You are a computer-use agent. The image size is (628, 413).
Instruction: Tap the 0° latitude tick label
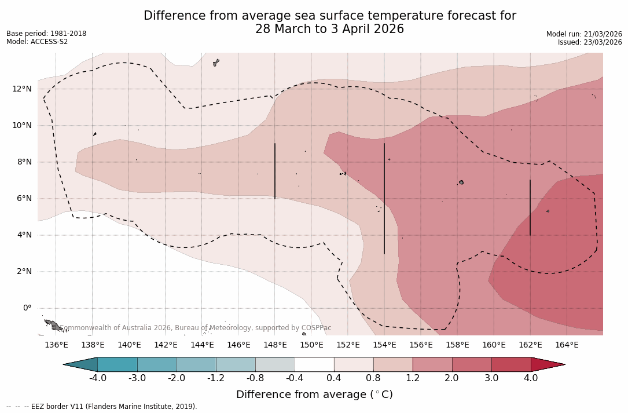27,308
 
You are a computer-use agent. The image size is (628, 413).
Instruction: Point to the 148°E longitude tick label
275,345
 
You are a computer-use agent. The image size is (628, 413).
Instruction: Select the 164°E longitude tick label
567,345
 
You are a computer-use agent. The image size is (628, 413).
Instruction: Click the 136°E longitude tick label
56,345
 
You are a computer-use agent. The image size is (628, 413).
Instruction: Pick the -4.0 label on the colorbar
97,378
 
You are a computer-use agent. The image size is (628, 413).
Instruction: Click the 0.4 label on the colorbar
334,378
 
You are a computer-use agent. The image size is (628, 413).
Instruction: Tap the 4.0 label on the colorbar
531,378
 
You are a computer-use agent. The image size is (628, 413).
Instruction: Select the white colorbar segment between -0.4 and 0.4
314,364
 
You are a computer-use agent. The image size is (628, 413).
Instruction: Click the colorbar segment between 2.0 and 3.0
472,364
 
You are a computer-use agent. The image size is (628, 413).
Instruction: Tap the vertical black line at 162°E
530,207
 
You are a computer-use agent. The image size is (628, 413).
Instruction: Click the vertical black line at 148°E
275,171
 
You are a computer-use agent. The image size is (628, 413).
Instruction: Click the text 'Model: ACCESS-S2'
37,42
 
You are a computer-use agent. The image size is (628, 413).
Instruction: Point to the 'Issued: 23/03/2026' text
590,42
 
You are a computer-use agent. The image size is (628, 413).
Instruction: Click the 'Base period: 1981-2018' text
46,34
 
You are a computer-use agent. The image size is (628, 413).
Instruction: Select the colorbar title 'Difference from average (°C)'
314,394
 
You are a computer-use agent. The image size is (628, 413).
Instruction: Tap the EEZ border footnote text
102,407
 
